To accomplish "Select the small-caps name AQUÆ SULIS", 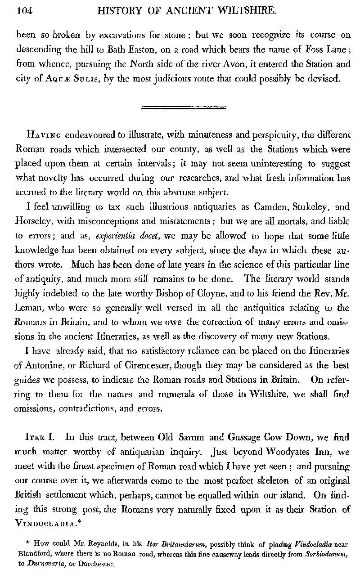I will [x=70, y=79].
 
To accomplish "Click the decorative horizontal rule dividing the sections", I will [x=184, y=108].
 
